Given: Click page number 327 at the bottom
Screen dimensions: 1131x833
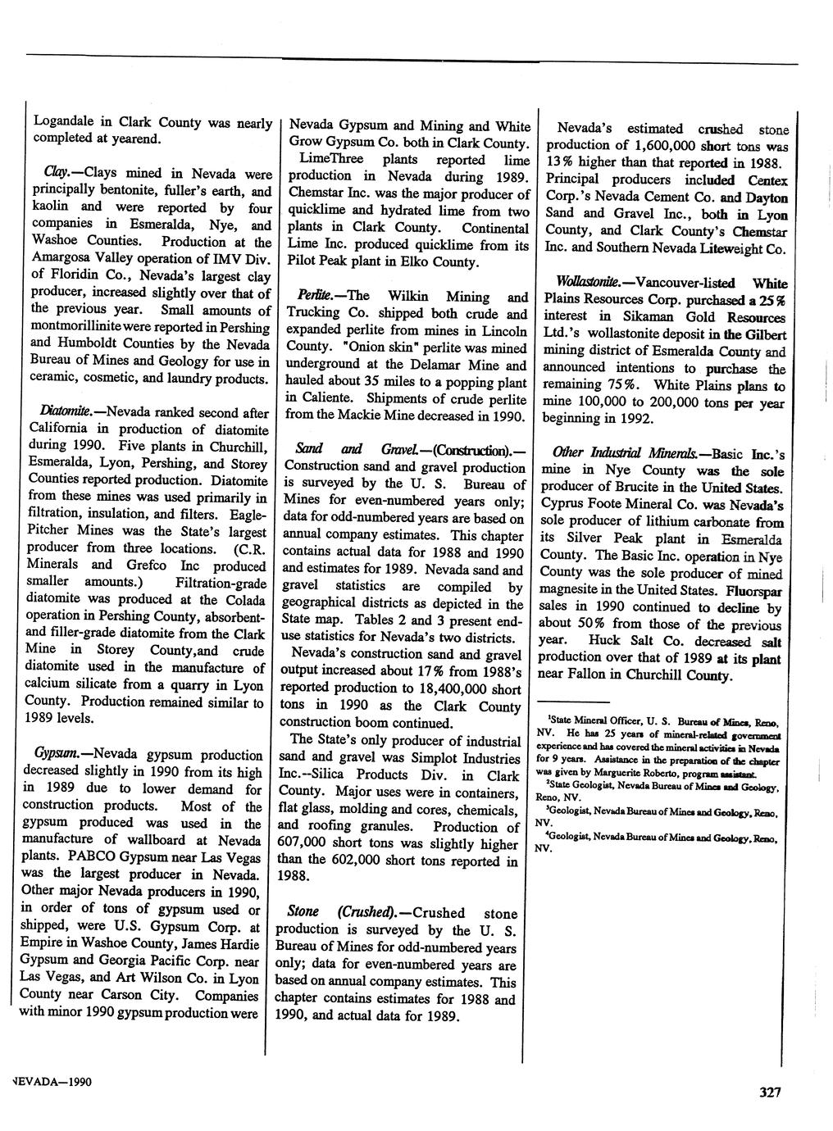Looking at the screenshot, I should (x=770, y=1092).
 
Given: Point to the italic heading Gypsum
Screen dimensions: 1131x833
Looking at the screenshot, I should (x=56, y=754).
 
